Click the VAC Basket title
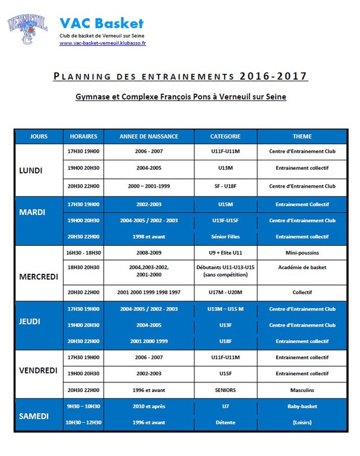point(101,24)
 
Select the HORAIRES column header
point(83,136)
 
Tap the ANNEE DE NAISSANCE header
point(149,136)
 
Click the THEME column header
point(302,136)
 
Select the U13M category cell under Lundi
point(225,169)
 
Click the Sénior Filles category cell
point(225,236)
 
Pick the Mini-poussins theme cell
point(302,252)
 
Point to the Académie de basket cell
point(302,267)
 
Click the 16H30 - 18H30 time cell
point(83,252)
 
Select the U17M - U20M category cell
point(225,292)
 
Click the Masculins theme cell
point(302,390)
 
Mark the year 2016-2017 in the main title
point(275,76)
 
